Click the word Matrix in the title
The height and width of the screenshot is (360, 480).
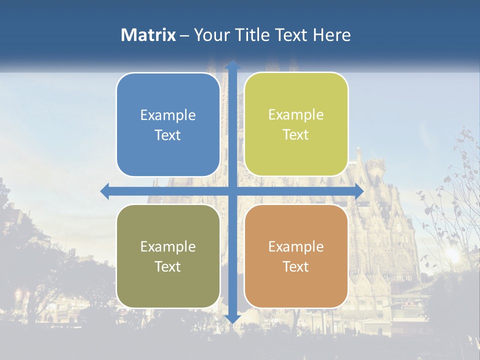(x=148, y=35)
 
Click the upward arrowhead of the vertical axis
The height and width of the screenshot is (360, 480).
(x=232, y=65)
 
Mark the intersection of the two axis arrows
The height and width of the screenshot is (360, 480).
(x=232, y=191)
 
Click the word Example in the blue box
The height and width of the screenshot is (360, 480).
(x=168, y=115)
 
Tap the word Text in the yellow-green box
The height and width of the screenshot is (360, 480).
(x=296, y=135)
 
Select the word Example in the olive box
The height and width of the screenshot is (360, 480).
(x=168, y=247)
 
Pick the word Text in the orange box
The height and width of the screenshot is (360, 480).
(x=296, y=266)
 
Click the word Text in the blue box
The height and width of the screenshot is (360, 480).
(x=168, y=135)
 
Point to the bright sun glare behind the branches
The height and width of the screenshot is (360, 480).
(x=453, y=254)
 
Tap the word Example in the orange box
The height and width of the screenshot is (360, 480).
(x=296, y=247)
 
